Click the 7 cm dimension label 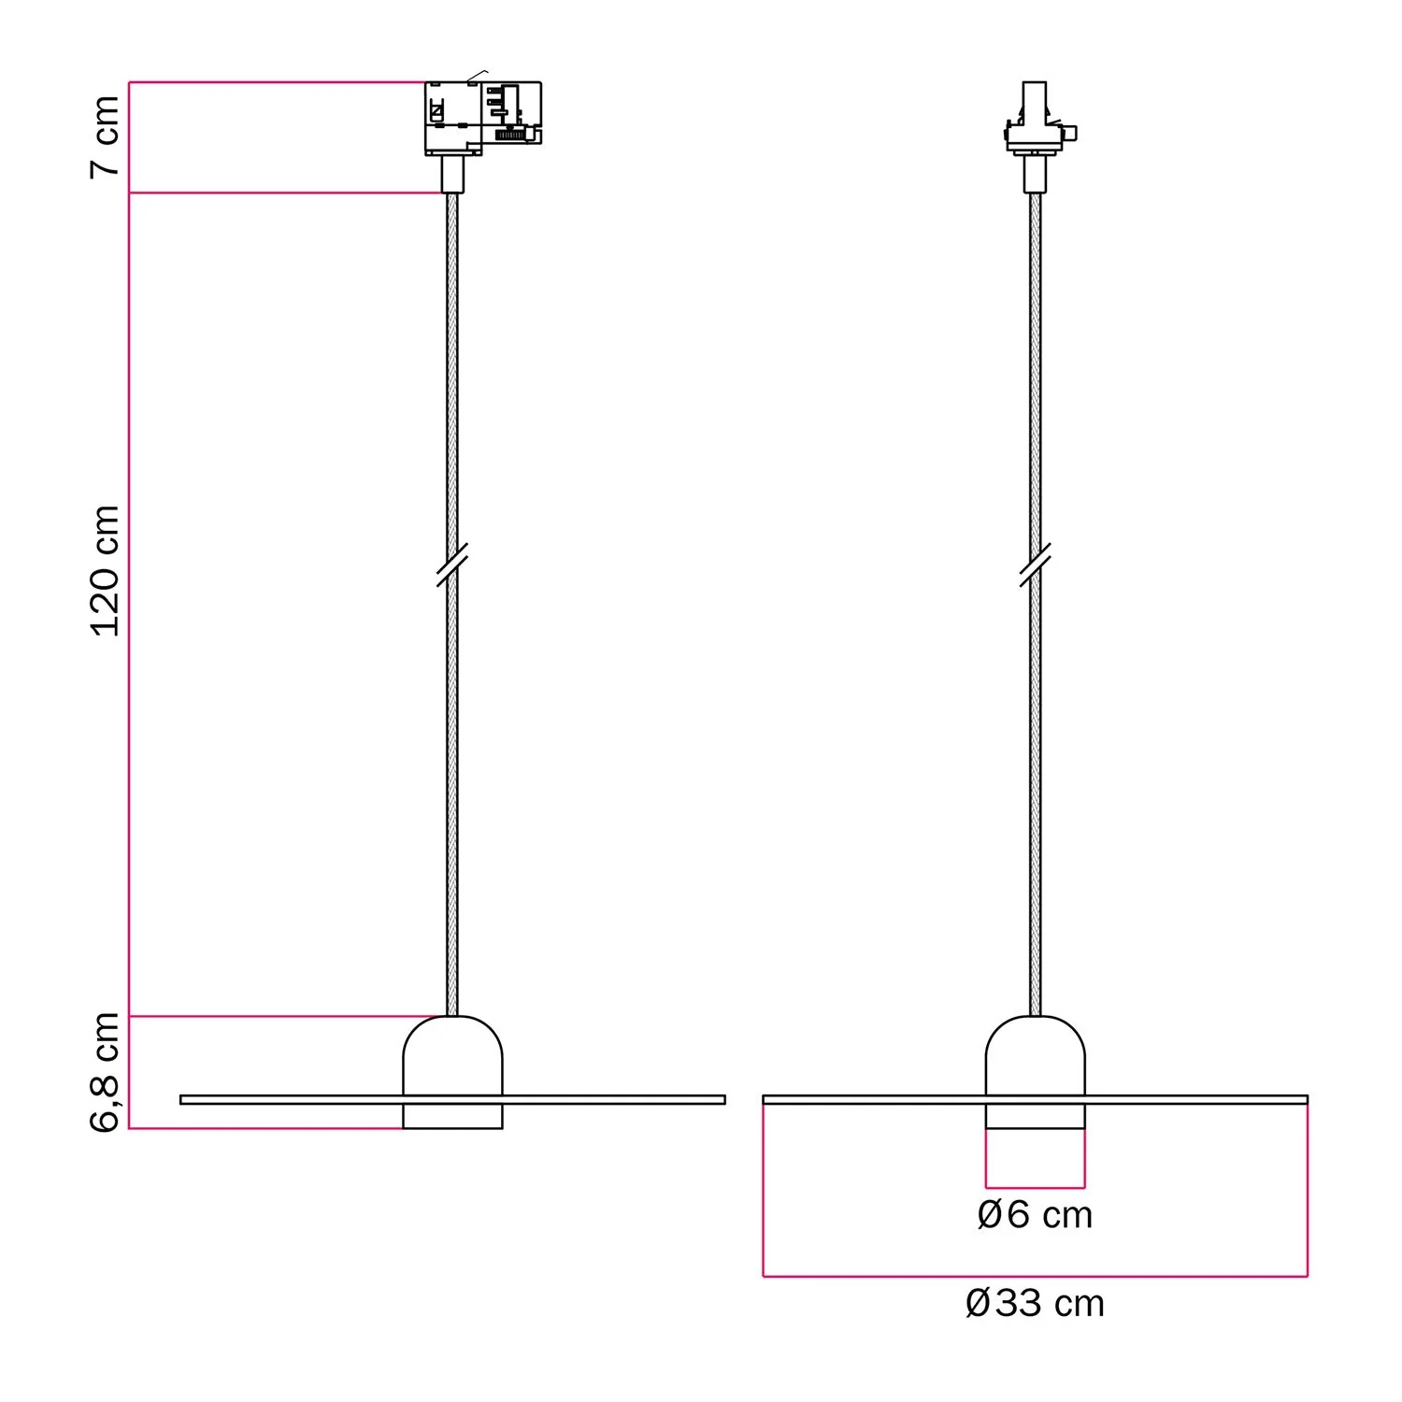tap(106, 136)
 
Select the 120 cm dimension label tap(106, 571)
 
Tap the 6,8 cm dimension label tap(106, 1072)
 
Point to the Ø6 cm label tap(1035, 1215)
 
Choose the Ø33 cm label tap(1035, 1303)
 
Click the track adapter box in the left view tap(483, 118)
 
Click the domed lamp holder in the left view tap(452, 1072)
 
